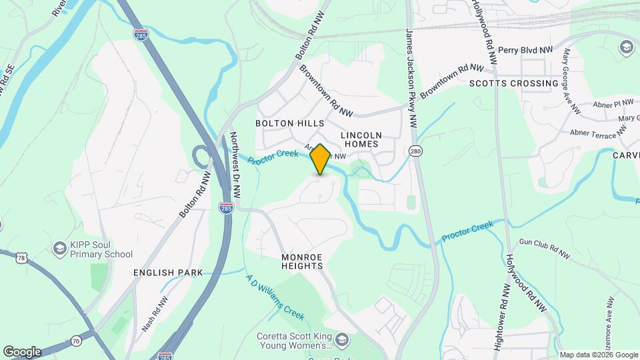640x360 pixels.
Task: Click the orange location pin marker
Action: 320,159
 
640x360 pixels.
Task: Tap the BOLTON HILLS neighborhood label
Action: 290,123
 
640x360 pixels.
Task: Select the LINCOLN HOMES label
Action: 360,139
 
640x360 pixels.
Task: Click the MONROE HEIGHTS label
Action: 302,261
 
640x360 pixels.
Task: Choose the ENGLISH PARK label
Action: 168,273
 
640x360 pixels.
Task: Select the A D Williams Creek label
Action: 275,297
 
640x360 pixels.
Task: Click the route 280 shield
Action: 416,151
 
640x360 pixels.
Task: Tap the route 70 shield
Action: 76,341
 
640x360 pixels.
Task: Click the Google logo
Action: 22,352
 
